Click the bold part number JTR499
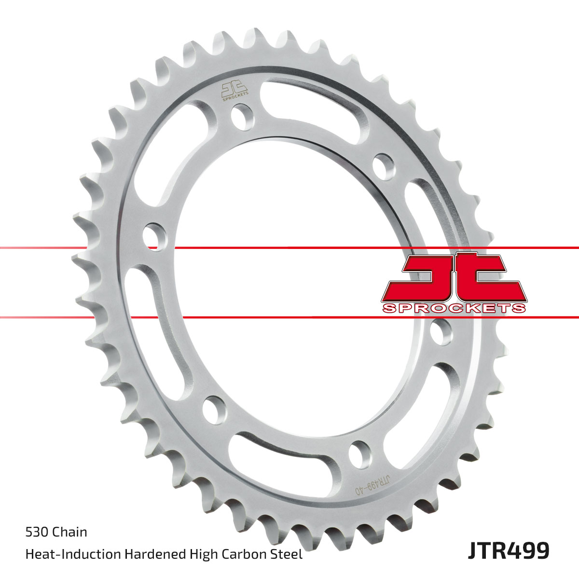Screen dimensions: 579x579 point(509,551)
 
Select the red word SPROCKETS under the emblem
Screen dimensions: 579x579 point(454,308)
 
